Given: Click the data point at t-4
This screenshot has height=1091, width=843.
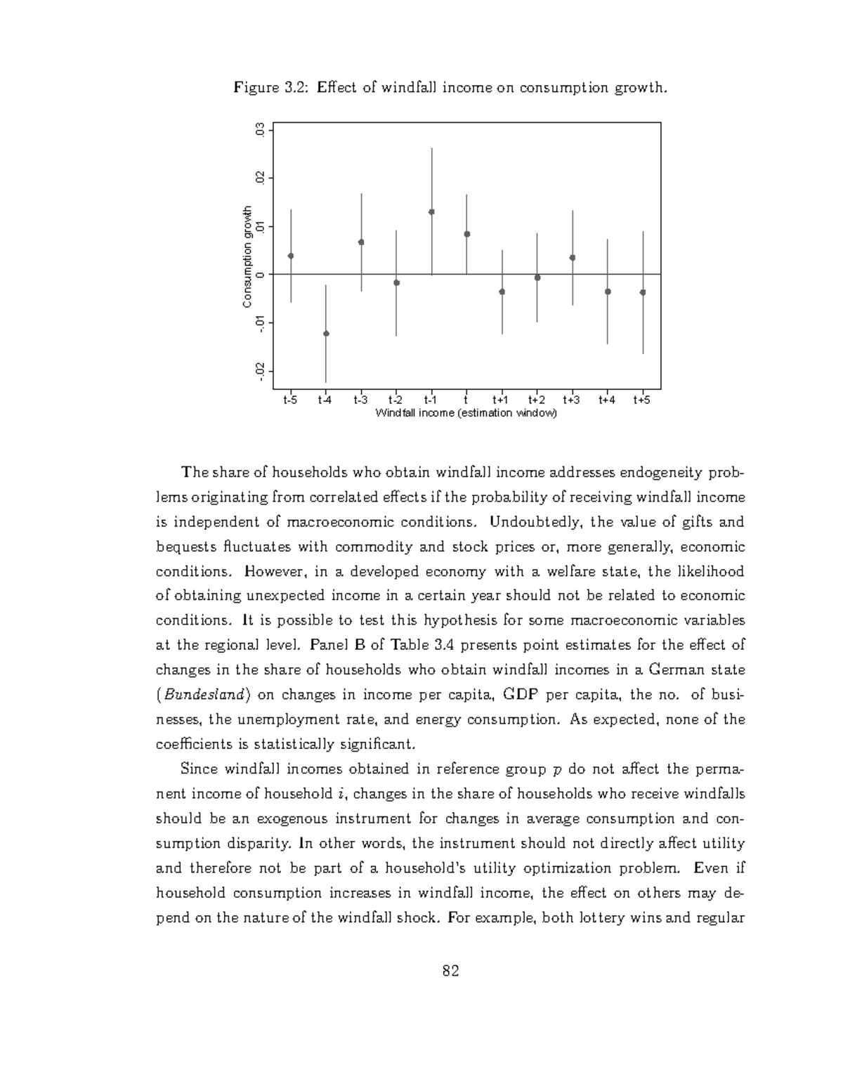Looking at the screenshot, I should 326,334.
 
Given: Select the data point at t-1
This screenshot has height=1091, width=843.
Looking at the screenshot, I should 431,211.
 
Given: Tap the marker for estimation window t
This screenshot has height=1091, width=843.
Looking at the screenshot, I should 466,234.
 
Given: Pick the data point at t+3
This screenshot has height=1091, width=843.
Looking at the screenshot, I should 573,257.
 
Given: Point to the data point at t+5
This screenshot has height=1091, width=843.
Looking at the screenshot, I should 643,292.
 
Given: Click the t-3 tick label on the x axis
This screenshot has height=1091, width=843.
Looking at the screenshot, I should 360,400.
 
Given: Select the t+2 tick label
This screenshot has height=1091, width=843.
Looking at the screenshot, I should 537,400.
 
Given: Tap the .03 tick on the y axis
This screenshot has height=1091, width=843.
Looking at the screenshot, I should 261,130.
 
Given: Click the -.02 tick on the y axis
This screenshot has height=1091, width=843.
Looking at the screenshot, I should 261,372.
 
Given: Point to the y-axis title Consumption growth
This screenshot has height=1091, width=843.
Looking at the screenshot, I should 247,257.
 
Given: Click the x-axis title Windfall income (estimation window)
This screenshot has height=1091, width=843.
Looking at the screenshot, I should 466,413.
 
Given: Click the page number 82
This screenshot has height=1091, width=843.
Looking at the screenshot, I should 450,972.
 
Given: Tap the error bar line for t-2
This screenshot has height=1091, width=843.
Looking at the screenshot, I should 396,309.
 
